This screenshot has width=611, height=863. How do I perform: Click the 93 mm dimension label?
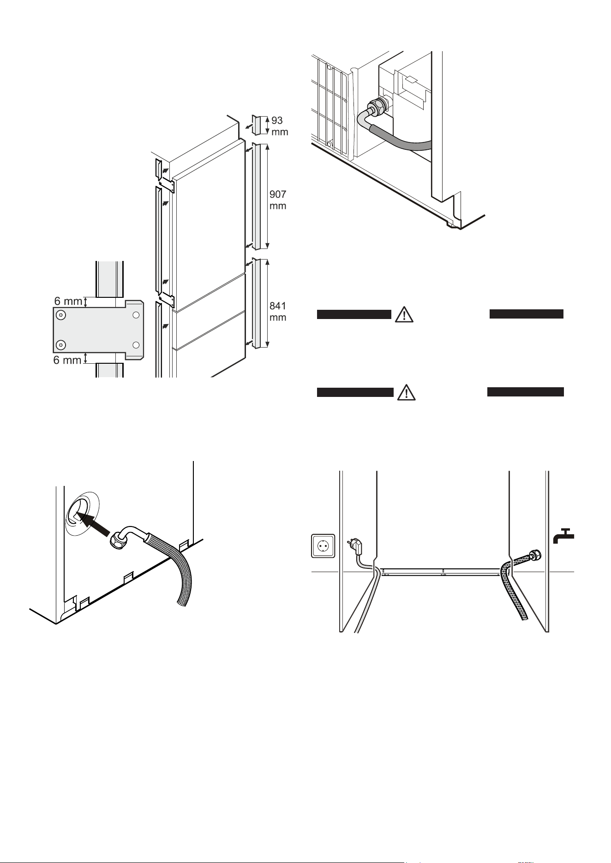[x=279, y=126]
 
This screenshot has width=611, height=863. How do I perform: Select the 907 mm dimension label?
[x=278, y=200]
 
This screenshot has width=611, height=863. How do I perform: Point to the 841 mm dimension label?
[x=278, y=312]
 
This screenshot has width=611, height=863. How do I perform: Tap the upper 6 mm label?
[x=68, y=301]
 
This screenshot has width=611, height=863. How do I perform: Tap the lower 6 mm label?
[x=67, y=360]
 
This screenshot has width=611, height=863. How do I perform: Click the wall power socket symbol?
[x=323, y=545]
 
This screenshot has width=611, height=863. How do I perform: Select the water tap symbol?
[x=563, y=536]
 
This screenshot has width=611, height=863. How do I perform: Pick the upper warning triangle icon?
[x=404, y=314]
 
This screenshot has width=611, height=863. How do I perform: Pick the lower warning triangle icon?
[x=406, y=392]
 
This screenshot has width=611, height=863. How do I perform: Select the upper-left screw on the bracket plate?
[x=61, y=315]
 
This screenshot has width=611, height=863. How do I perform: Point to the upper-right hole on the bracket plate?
[x=136, y=315]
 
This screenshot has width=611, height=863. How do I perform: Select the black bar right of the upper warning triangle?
[x=526, y=314]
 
